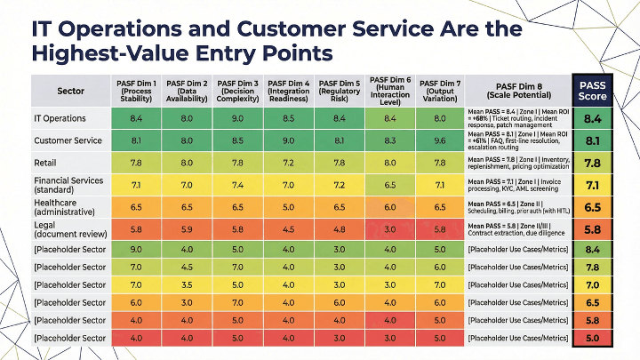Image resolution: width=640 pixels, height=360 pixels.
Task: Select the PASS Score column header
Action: [x=592, y=91]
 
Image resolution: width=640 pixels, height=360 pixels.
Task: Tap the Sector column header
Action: [x=70, y=91]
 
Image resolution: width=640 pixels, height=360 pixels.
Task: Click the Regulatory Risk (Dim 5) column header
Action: [x=339, y=91]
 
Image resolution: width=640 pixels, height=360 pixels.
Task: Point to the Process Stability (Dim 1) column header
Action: [x=136, y=91]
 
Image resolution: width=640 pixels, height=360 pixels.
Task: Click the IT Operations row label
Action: [x=60, y=118]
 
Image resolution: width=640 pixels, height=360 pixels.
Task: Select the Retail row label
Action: [x=47, y=163]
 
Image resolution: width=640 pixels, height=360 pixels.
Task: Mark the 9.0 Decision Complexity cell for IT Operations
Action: [x=237, y=118]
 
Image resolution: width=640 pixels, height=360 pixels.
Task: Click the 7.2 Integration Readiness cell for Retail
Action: [x=288, y=163]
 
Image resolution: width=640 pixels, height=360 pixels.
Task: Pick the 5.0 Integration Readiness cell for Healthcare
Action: [x=288, y=207]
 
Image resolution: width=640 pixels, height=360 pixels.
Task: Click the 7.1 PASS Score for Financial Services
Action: [x=592, y=185]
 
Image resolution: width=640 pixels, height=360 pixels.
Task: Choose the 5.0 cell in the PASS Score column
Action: [x=592, y=339]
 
